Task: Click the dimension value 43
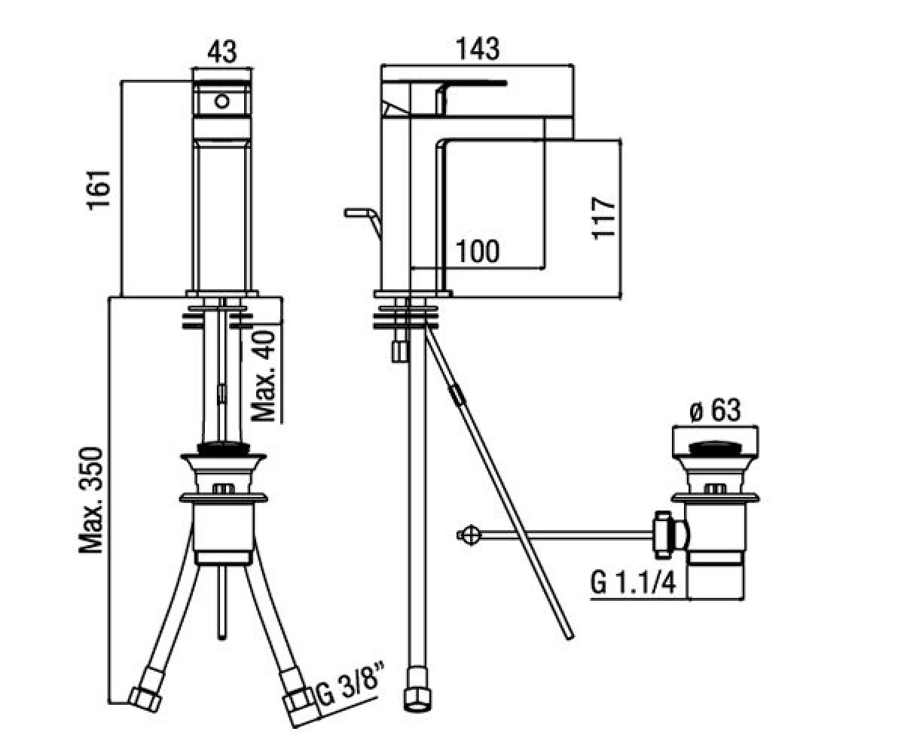[221, 52]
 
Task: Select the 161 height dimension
[99, 191]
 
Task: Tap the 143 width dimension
[478, 49]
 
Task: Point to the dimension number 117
[603, 218]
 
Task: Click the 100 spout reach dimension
[478, 251]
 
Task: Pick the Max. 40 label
[264, 376]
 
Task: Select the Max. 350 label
[91, 501]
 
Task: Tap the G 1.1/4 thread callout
[633, 583]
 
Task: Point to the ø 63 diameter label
[715, 410]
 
